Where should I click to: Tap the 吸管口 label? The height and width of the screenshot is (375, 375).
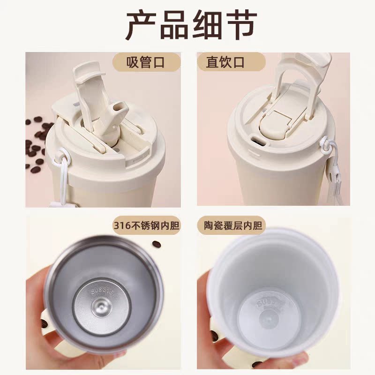[145, 62]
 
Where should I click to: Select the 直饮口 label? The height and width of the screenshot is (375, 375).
[225, 62]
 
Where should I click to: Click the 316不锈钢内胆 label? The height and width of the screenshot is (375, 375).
[146, 225]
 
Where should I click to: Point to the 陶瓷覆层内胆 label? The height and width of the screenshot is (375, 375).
[233, 225]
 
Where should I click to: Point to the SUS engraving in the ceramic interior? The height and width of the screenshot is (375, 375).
[269, 303]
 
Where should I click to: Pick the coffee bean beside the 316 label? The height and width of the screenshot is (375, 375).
[157, 244]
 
